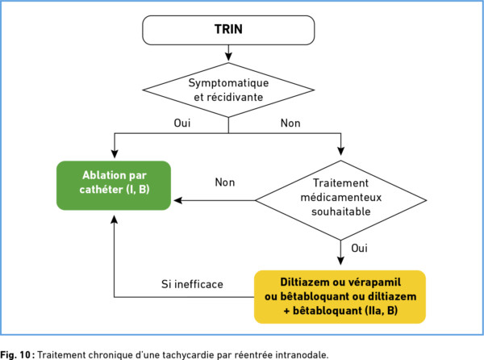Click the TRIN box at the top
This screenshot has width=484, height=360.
(228, 30)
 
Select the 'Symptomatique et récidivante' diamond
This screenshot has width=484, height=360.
(228, 90)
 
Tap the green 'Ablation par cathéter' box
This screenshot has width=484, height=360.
(114, 186)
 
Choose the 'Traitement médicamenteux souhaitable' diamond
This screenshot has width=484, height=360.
(340, 200)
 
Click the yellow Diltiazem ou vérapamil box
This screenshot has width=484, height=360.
(340, 297)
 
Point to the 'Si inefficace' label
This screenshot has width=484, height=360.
(192, 284)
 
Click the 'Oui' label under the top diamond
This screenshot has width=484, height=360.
(182, 123)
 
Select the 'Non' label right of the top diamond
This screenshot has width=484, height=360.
(290, 123)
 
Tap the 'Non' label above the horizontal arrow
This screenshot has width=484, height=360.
(225, 182)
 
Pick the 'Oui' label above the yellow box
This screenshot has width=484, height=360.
(359, 248)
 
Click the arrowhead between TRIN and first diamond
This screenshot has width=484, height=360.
(228, 57)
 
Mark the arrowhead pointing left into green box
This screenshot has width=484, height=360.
(178, 200)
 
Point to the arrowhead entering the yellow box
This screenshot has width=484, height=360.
(340, 261)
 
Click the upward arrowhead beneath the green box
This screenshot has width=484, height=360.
(115, 220)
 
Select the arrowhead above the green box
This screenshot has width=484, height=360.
(115, 153)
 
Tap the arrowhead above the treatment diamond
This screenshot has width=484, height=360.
(340, 151)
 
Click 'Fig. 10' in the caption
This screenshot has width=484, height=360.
(15, 354)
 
